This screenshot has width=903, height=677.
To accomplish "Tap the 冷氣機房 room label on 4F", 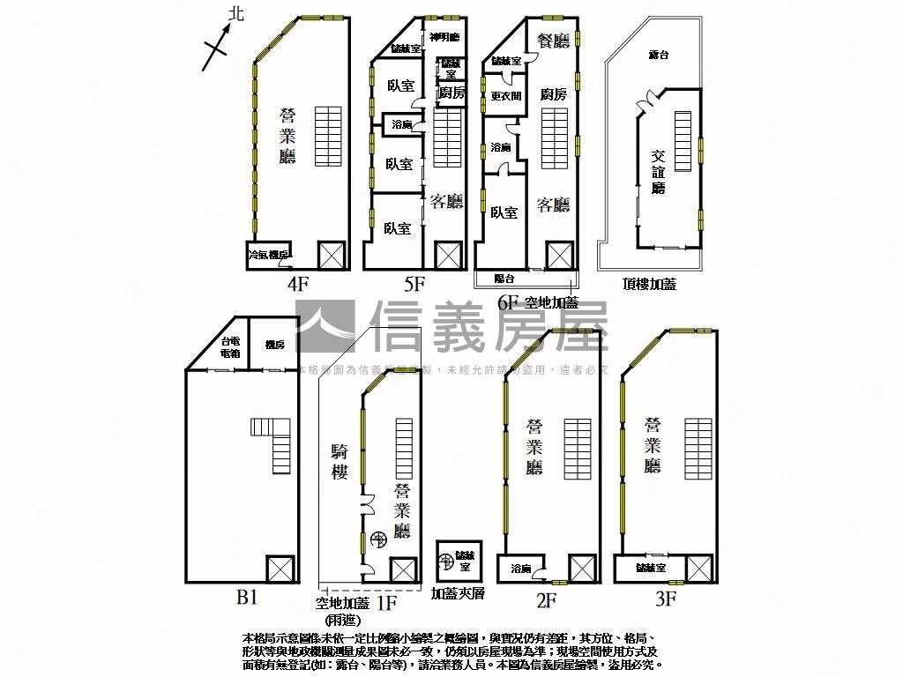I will tap(268, 255).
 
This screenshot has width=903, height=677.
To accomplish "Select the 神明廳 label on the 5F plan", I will tap(445, 37).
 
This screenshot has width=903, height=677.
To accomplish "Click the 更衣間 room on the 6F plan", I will tap(506, 96).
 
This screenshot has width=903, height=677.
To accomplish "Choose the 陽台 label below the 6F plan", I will tap(504, 279).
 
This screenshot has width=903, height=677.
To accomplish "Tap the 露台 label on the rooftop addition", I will tap(659, 55).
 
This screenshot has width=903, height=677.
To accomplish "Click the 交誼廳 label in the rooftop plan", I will tap(658, 170).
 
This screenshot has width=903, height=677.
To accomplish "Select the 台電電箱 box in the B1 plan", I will tap(230, 346).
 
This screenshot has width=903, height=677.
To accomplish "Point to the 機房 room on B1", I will tap(274, 346).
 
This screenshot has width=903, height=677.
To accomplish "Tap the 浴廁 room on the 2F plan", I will tap(520, 569).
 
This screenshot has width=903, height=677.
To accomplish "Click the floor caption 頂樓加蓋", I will tap(649, 284).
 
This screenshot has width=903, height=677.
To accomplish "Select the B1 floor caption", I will tap(247, 598).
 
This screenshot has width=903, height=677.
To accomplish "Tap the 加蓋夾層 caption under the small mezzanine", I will tap(458, 594).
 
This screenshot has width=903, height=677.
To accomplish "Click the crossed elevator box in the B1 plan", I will tap(280, 568).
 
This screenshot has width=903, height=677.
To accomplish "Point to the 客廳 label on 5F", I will tap(447, 202).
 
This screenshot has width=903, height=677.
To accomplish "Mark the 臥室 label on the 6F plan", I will tap(504, 212).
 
